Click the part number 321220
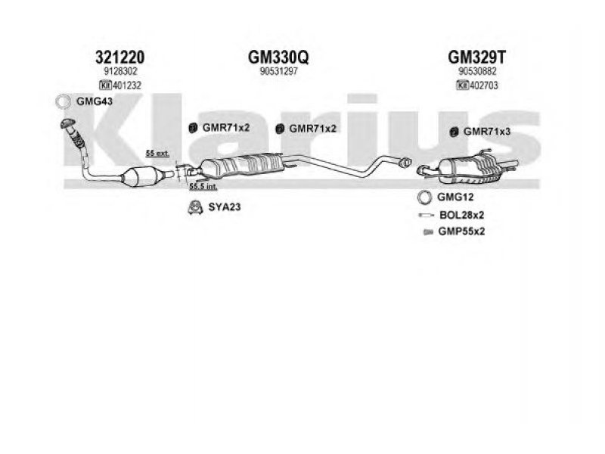pyautogui.click(x=120, y=58)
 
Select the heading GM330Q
pyautogui.click(x=278, y=58)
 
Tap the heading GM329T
pyautogui.click(x=476, y=58)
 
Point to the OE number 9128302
pyautogui.click(x=120, y=71)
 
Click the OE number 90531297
pyautogui.click(x=278, y=71)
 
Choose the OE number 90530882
pyautogui.click(x=477, y=71)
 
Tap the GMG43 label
pyautogui.click(x=95, y=101)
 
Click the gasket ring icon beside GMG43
pyautogui.click(x=63, y=102)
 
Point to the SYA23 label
pyautogui.click(x=225, y=207)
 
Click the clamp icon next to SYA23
pyautogui.click(x=195, y=207)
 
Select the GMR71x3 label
pyautogui.click(x=487, y=132)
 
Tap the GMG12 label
pyautogui.click(x=455, y=197)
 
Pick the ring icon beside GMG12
pyautogui.click(x=424, y=197)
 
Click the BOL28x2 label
pyautogui.click(x=461, y=215)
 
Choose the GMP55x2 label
pyautogui.click(x=461, y=232)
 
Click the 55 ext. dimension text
pyautogui.click(x=157, y=154)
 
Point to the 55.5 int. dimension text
pyautogui.click(x=203, y=187)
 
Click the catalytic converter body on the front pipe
pyautogui.click(x=140, y=176)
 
